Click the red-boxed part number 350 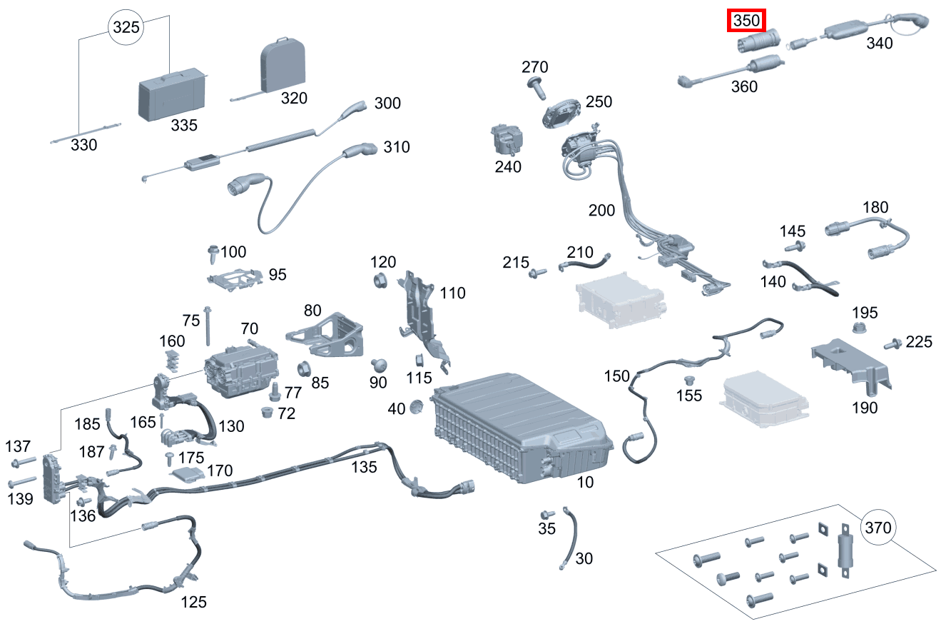pyautogui.click(x=746, y=21)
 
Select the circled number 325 pyautogui.click(x=125, y=29)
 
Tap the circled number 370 pyautogui.click(x=878, y=528)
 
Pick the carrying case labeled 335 pyautogui.click(x=171, y=94)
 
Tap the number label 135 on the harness pyautogui.click(x=364, y=467)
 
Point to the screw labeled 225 pyautogui.click(x=891, y=344)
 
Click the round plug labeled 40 pyautogui.click(x=417, y=408)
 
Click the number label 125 pyautogui.click(x=193, y=602)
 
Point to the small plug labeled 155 pyautogui.click(x=689, y=380)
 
